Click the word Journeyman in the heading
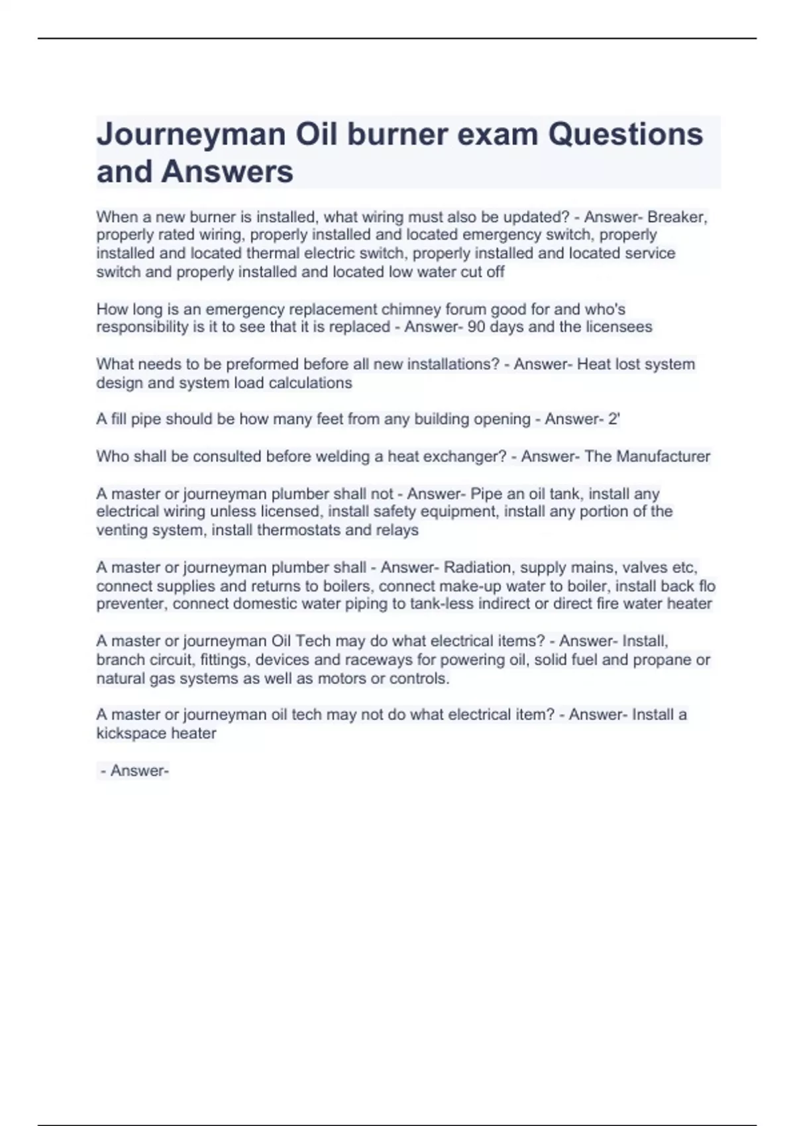[x=191, y=134]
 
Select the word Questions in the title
[x=625, y=134]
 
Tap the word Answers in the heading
[x=227, y=172]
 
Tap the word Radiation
[x=478, y=567]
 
